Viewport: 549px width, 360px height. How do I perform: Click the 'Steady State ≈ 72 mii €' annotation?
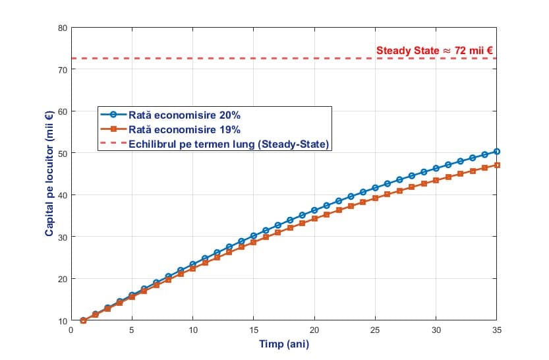(x=435, y=49)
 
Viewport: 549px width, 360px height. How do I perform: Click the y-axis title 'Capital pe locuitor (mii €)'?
(x=49, y=174)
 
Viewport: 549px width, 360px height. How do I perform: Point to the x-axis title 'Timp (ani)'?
(x=283, y=344)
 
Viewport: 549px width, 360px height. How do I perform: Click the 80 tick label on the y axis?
(x=63, y=28)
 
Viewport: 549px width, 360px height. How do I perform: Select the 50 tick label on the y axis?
(x=63, y=153)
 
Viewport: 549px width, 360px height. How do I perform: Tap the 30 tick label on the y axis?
(x=63, y=237)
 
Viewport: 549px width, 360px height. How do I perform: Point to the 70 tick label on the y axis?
(x=63, y=69)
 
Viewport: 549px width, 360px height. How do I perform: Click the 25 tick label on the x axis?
(x=375, y=330)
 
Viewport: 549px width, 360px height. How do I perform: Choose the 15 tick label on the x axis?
(x=253, y=330)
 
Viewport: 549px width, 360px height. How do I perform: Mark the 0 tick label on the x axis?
(x=71, y=330)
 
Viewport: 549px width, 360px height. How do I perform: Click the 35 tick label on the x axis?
(x=496, y=330)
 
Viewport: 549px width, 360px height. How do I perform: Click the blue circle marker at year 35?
(x=496, y=152)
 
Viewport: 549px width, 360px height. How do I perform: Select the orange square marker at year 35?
(x=496, y=165)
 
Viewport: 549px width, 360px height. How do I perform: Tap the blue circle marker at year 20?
(x=314, y=210)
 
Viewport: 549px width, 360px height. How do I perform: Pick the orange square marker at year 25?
(x=375, y=198)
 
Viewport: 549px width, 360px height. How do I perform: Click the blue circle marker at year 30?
(x=436, y=168)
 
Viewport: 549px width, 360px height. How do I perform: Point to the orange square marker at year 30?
(x=436, y=180)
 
